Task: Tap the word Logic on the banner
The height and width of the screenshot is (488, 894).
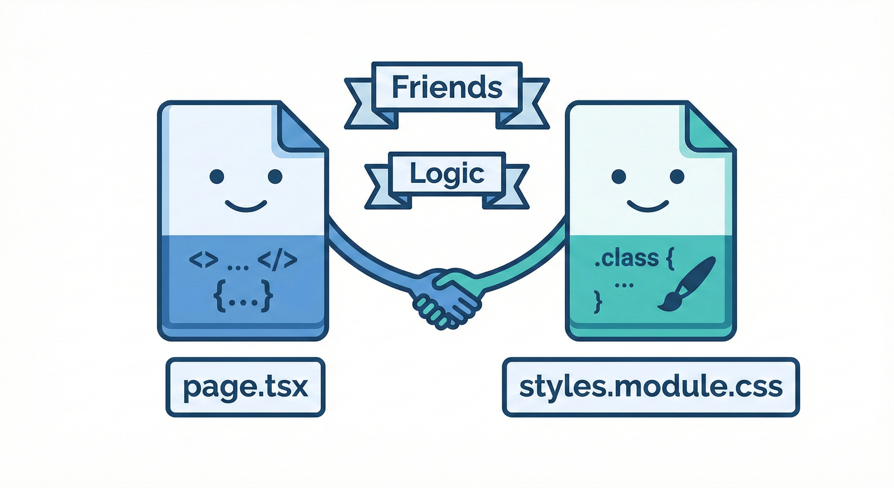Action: [x=447, y=173]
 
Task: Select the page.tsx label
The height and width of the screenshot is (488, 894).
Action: [x=245, y=388]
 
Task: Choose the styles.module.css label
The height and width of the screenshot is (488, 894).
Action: [x=651, y=388]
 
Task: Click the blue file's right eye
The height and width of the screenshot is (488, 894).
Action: [x=275, y=176]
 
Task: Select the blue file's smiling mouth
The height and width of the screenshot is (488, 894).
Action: [x=246, y=205]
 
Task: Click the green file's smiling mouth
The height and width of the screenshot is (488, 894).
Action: [x=648, y=205]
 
